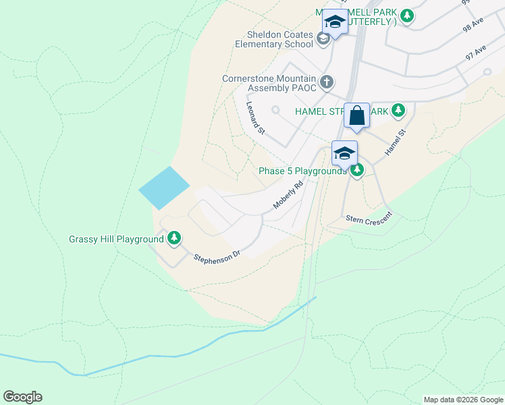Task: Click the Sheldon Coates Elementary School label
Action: (269, 40)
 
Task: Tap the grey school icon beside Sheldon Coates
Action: (323, 40)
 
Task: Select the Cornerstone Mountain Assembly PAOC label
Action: (269, 83)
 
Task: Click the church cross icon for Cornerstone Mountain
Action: (326, 82)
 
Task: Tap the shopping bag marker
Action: (357, 115)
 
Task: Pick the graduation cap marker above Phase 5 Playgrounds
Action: (344, 153)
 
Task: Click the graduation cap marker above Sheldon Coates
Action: (334, 22)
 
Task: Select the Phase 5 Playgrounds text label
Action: (302, 171)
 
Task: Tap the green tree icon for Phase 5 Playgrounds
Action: (357, 170)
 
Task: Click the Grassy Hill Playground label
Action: (116, 239)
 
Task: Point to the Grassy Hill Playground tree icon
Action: (174, 238)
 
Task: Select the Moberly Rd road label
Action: (288, 195)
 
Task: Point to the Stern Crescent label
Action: (368, 219)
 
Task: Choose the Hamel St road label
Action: (394, 143)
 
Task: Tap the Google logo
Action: (22, 397)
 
